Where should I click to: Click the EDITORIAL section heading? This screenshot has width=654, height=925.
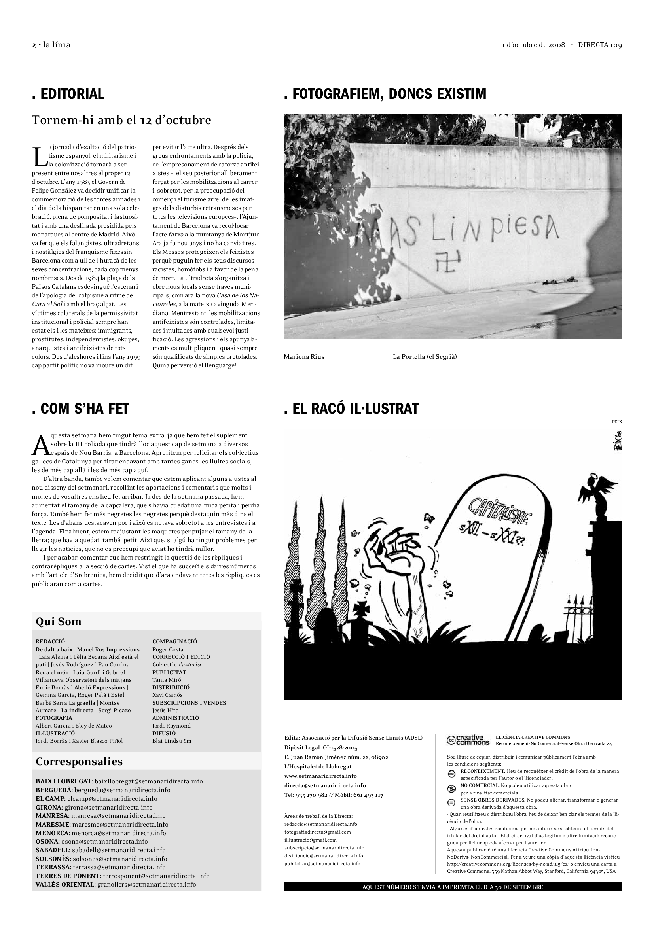(68, 94)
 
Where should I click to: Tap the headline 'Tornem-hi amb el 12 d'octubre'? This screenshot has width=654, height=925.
(121, 121)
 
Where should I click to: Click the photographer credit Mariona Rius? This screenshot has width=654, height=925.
(304, 357)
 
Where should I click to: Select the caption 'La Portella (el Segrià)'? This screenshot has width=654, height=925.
(425, 357)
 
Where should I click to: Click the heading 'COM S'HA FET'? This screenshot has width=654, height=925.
(80, 409)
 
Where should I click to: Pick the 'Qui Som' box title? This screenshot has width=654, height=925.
(59, 622)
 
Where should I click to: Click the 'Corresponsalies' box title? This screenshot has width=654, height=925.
(79, 761)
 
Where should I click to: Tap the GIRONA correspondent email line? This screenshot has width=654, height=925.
(94, 808)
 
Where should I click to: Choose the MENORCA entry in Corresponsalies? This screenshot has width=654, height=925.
(100, 833)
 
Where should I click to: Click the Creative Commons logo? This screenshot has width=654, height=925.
(468, 740)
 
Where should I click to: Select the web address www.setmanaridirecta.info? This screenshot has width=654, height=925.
(320, 776)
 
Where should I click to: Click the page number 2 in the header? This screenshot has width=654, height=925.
(34, 45)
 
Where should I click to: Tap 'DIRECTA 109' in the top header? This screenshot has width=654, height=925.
(600, 45)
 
